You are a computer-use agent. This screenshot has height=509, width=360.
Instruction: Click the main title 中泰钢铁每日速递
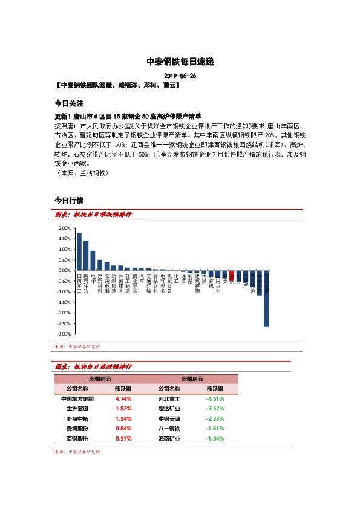pyautogui.click(x=180, y=62)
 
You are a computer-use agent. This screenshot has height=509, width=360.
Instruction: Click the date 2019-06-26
pyautogui.click(x=180, y=76)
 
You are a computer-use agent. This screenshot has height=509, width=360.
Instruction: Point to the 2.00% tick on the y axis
pyautogui.click(x=65, y=229)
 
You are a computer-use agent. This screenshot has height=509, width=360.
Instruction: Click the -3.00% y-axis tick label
pyautogui.click(x=64, y=334)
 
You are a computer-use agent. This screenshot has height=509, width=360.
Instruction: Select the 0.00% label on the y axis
pyautogui.click(x=65, y=271)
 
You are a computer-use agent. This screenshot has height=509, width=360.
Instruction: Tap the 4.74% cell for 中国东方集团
pyautogui.click(x=123, y=399)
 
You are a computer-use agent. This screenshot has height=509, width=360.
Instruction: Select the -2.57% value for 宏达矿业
pyautogui.click(x=215, y=409)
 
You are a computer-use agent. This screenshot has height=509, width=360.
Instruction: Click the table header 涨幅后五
pyautogui.click(x=192, y=378)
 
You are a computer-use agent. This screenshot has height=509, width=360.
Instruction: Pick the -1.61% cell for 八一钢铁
pyautogui.click(x=215, y=429)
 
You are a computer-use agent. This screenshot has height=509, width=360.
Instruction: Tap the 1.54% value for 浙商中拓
pyautogui.click(x=123, y=418)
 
